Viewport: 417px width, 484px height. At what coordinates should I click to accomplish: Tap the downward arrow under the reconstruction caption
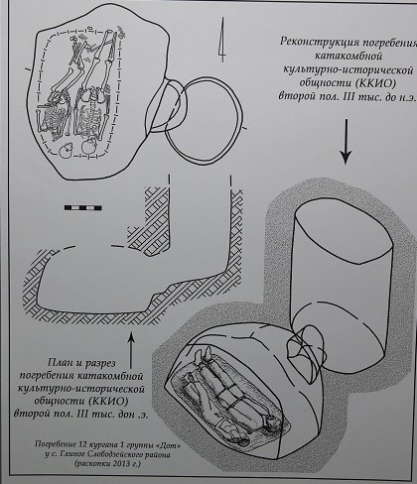point(345,149)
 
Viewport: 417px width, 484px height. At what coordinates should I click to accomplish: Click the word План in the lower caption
point(57,363)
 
